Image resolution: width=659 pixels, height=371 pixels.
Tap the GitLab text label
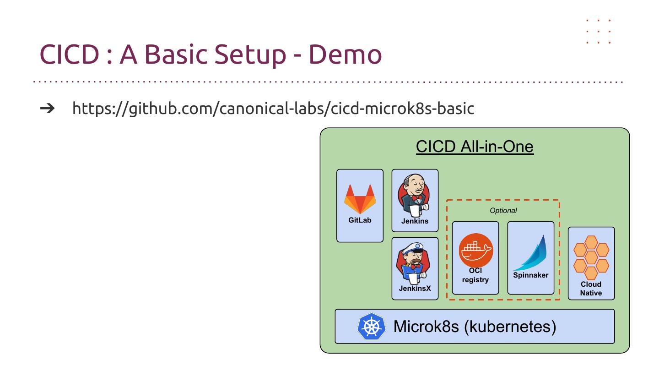point(360,220)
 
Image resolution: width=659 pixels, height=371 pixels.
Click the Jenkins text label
point(415,221)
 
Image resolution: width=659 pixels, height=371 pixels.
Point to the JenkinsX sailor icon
point(414,264)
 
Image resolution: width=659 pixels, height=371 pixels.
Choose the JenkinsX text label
point(415,289)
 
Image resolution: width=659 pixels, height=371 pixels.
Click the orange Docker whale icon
point(475,250)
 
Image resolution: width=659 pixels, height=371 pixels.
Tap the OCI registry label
point(475,275)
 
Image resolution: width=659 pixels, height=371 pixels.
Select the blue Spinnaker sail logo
point(531,253)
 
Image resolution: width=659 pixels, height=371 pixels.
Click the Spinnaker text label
point(530,275)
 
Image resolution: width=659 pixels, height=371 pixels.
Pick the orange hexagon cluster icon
point(591,257)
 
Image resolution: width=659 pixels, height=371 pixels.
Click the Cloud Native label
point(591,289)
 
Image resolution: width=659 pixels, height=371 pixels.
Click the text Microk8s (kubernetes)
point(475,327)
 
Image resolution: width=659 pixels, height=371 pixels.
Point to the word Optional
point(503,211)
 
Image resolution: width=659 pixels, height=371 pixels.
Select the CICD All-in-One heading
point(475,147)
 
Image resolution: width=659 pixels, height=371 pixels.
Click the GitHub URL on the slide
point(273,108)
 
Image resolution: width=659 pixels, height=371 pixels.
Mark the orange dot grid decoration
point(599,32)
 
